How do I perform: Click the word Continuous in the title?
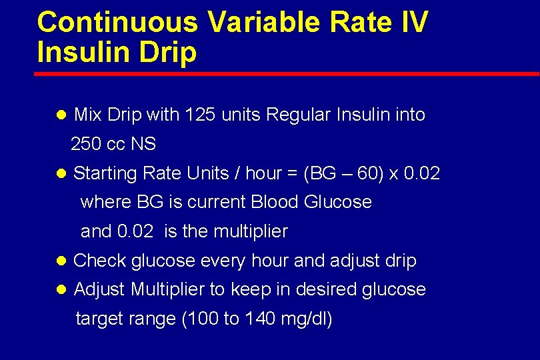click(117, 22)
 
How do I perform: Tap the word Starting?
click(106, 174)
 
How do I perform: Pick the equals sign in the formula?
click(291, 175)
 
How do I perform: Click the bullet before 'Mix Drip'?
click(61, 115)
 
